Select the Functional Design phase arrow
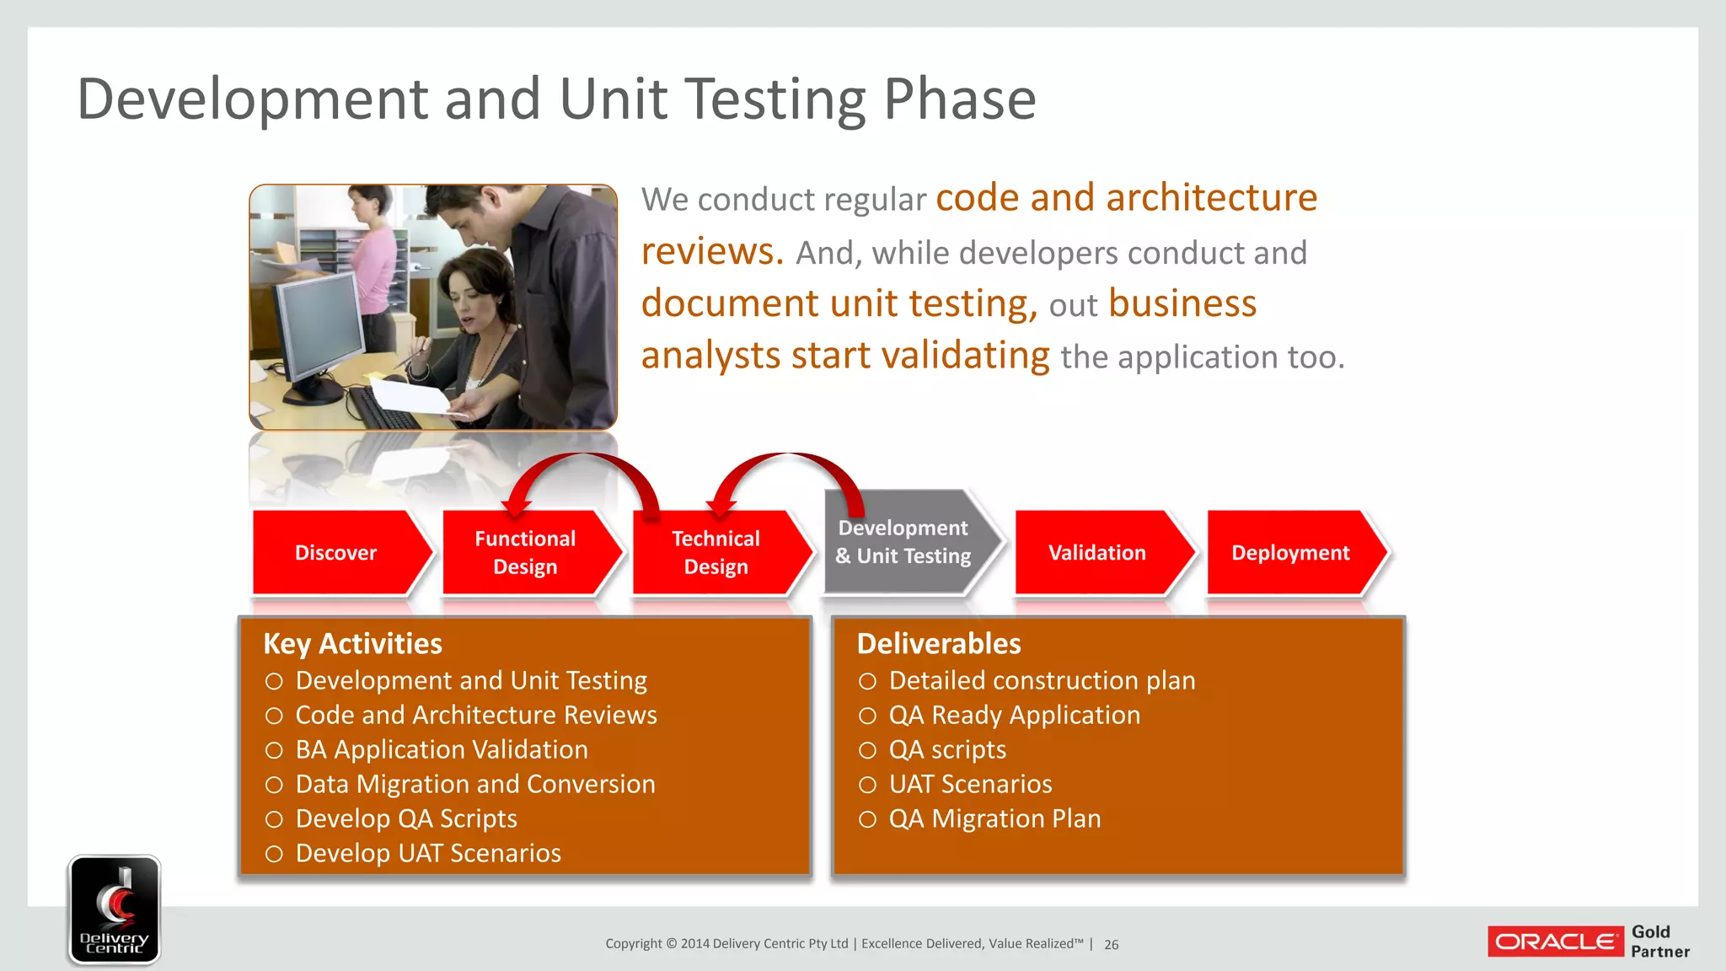click(525, 553)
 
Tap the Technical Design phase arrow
click(716, 553)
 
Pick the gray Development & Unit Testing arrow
click(904, 542)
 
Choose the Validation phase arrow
click(1097, 553)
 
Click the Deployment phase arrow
click(1290, 553)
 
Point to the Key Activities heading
click(352, 644)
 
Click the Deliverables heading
click(939, 644)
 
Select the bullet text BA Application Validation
click(442, 750)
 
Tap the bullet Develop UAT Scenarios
click(428, 854)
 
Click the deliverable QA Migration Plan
click(994, 819)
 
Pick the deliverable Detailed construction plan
click(1042, 681)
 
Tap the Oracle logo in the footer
click(1555, 941)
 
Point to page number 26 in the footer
click(1112, 945)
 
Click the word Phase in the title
click(959, 99)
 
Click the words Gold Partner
click(1659, 941)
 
